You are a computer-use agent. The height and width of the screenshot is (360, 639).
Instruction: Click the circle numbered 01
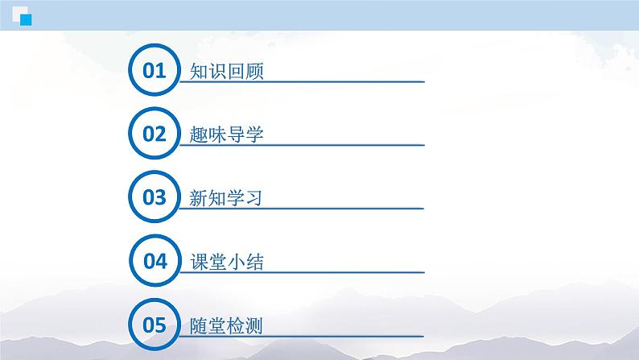coord(154,71)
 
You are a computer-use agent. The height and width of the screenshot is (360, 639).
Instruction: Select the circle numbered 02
coord(154,134)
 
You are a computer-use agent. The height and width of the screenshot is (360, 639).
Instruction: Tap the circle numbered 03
coord(154,198)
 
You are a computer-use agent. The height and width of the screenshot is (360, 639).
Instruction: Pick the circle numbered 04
coord(154,262)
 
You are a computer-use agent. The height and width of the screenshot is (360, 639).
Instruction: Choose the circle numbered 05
coord(154,325)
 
